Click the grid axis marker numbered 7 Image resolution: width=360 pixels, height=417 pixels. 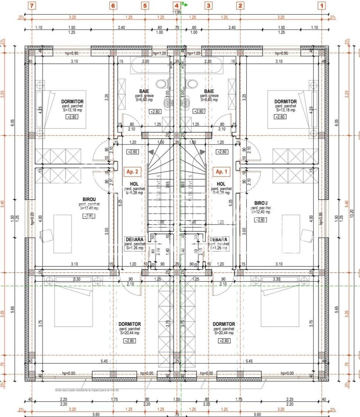click(x=32, y=5)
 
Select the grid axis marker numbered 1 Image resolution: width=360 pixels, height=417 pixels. click(x=322, y=5)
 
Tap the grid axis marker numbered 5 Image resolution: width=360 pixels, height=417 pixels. click(x=145, y=5)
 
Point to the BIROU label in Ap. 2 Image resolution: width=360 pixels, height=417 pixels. click(x=89, y=200)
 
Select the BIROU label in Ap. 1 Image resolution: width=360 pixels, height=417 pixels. click(x=261, y=203)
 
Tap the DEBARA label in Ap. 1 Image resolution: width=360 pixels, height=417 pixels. click(x=219, y=239)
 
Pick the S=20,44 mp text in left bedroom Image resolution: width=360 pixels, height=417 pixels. click(x=129, y=333)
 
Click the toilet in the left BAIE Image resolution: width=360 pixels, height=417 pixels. click(x=162, y=83)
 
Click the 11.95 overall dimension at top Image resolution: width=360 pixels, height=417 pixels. click(x=177, y=12)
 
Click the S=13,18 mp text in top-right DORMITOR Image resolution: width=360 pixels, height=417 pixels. click(x=285, y=110)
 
